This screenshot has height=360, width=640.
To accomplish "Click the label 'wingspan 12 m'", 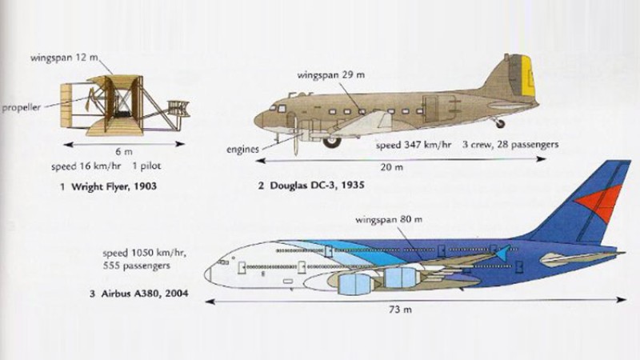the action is [65, 58].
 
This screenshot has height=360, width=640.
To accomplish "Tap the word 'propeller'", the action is [22, 108].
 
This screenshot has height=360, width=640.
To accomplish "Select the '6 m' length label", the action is [124, 152].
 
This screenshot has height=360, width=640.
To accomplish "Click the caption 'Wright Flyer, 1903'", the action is [114, 186].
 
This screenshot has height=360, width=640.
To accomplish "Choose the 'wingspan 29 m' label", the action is [331, 75].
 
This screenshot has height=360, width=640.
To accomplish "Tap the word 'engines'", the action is [242, 150].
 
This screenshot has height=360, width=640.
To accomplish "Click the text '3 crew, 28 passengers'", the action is [510, 145].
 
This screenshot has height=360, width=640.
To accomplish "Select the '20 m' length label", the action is [391, 167].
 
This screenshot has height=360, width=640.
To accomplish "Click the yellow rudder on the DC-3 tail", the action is [527, 76].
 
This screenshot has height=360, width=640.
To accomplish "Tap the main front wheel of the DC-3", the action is [332, 142].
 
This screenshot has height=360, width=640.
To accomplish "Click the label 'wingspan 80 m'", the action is [389, 219].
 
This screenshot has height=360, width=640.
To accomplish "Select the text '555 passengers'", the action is [136, 266].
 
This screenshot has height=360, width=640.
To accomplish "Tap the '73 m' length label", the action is [401, 310].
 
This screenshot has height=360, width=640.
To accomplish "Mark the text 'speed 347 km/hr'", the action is [413, 145].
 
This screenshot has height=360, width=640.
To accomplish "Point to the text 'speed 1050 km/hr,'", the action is [144, 253].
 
